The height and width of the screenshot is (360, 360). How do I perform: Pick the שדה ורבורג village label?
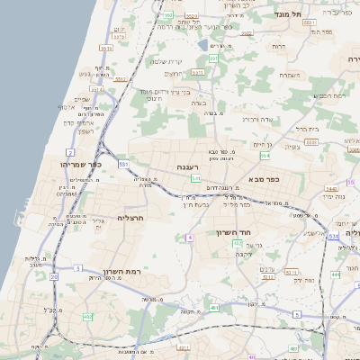click(256, 118)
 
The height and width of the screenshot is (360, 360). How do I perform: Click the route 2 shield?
click(70, 153)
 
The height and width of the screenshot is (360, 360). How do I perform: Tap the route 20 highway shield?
click(54, 277)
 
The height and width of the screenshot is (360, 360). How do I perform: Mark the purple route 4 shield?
click(190, 238)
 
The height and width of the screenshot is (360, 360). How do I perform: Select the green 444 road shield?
click(335, 274)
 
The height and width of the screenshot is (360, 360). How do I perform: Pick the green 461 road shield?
click(214, 308)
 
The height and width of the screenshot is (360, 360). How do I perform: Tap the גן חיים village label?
click(261, 143)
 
